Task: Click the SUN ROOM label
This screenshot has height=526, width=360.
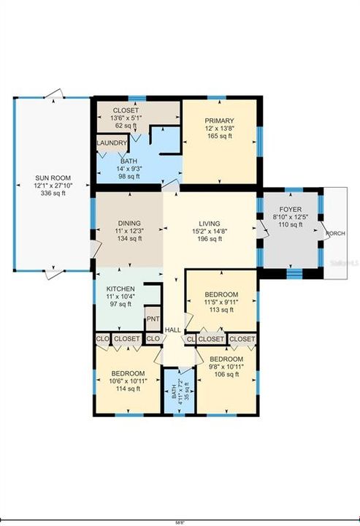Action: coord(50,178)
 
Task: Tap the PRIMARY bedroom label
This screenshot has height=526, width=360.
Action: coord(219,121)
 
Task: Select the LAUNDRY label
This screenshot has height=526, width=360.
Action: coord(111,143)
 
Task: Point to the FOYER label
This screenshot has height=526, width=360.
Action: coord(291,208)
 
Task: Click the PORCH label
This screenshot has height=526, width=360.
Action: coord(337,234)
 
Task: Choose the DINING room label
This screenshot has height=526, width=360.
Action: coord(129,224)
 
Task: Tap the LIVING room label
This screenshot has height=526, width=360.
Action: coord(210,224)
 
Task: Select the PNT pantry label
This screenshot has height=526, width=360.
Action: coord(153,319)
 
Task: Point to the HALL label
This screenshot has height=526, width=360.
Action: coord(172,331)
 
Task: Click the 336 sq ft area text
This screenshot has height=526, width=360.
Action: coord(50,194)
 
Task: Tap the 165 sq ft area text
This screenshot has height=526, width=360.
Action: coord(219,136)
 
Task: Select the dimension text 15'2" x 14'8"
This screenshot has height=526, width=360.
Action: coord(210,232)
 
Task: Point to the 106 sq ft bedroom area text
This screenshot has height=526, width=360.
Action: coord(226,376)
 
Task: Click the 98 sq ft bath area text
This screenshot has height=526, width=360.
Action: coord(129,176)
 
